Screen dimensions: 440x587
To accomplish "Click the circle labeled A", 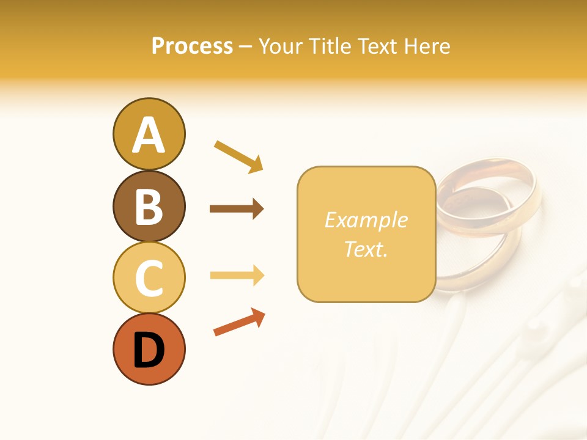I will (149, 134).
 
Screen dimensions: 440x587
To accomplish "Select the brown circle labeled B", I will (149, 206).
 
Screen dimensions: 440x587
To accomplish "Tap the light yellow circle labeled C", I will (149, 277).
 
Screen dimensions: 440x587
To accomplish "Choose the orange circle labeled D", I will (149, 349).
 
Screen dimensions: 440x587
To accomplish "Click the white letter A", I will (149, 135).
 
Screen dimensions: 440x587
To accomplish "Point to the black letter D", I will (149, 351).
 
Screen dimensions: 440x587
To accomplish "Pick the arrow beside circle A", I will (238, 156).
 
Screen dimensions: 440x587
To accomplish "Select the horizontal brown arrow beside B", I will (237, 209).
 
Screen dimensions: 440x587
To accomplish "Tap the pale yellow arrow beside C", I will (237, 275).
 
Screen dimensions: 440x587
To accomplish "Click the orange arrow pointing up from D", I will (239, 322).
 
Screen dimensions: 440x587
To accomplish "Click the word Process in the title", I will (192, 46).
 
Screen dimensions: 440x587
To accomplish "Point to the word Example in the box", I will (366, 220).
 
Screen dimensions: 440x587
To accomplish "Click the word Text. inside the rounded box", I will (366, 249).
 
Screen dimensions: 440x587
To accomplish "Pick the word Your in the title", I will (280, 46).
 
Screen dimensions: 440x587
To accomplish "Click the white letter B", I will (149, 207).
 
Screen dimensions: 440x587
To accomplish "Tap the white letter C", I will (149, 279).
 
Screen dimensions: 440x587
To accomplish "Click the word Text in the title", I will (375, 46).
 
